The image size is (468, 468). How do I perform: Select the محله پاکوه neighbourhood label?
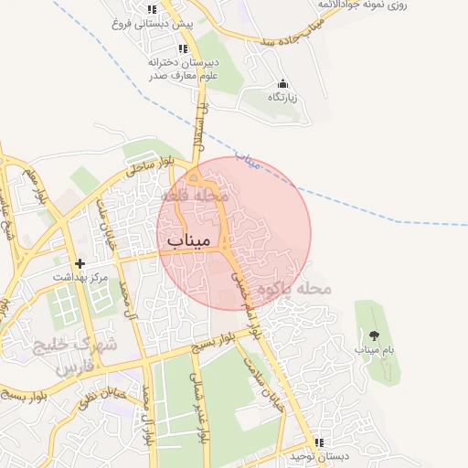point(292,289)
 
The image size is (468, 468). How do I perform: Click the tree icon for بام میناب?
point(373,335)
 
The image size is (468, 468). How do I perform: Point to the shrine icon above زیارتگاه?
point(282,83)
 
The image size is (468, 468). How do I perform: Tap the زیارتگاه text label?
point(283,96)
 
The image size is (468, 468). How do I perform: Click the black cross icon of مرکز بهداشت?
point(80,262)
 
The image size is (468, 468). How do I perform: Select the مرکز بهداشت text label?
point(80,276)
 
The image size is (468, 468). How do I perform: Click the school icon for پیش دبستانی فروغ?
point(152,10)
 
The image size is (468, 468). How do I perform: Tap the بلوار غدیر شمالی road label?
point(199,407)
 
